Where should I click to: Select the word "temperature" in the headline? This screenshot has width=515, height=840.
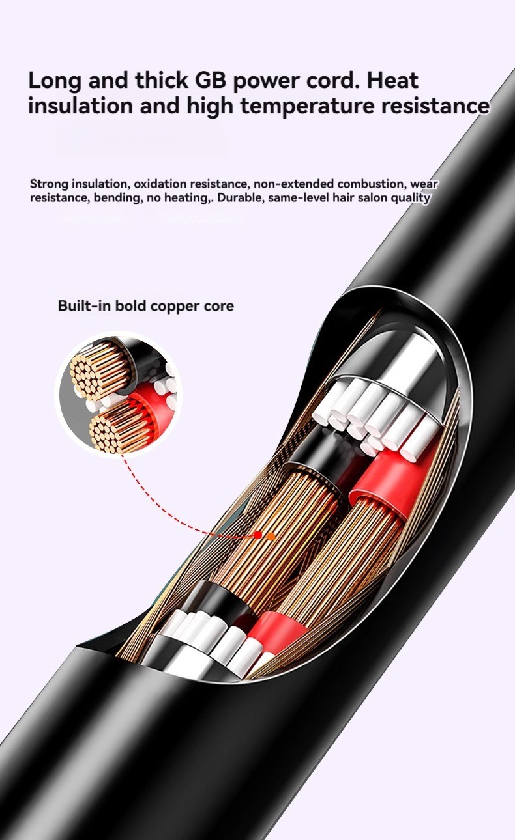tap(318, 105)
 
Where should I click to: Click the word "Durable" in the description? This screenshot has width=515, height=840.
tap(241, 198)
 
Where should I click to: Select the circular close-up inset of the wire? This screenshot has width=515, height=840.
tap(119, 394)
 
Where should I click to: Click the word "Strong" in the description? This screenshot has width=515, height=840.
tap(49, 184)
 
